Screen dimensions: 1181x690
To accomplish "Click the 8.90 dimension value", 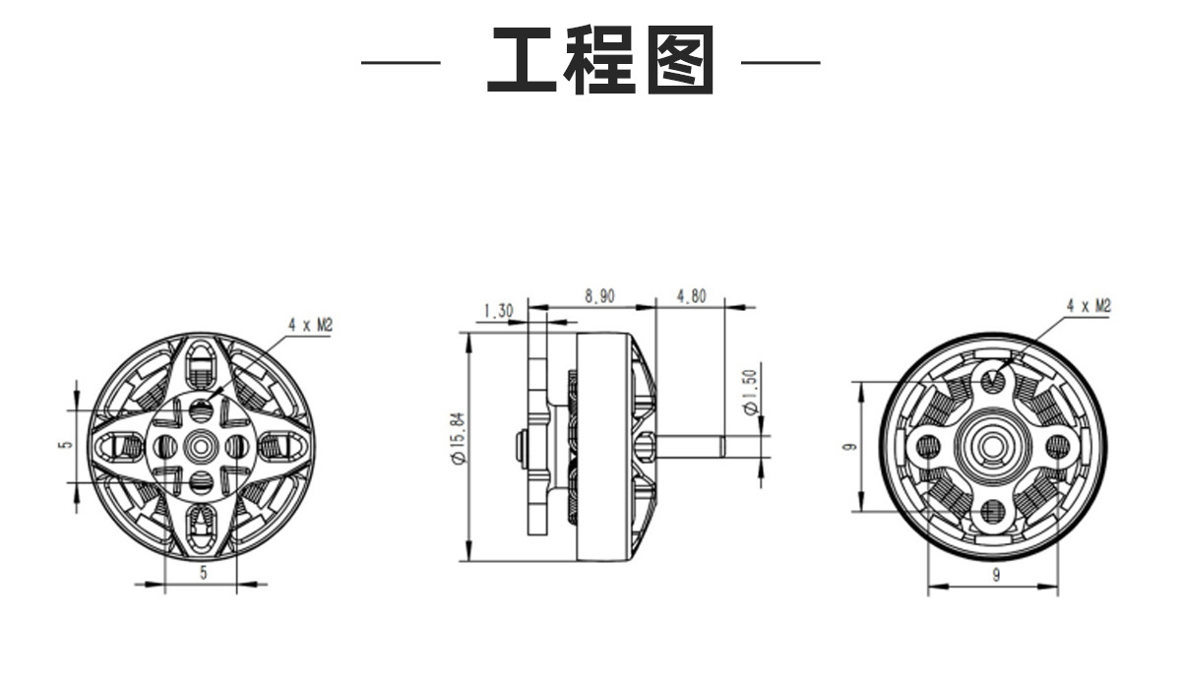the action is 599,296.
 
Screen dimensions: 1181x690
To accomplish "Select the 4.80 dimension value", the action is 691,296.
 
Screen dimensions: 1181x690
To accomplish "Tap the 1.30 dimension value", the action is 498,311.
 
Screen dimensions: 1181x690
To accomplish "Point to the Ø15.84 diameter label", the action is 459,438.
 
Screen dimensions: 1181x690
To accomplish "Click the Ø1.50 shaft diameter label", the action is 750,392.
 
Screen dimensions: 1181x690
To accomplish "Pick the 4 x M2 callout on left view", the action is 311,325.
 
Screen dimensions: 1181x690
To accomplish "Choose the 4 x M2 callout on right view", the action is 1088,306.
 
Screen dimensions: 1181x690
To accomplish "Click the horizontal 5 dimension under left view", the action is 204,573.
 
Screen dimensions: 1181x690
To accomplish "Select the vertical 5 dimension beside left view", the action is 65,444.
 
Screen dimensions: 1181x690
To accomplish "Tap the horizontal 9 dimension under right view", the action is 996,575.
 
